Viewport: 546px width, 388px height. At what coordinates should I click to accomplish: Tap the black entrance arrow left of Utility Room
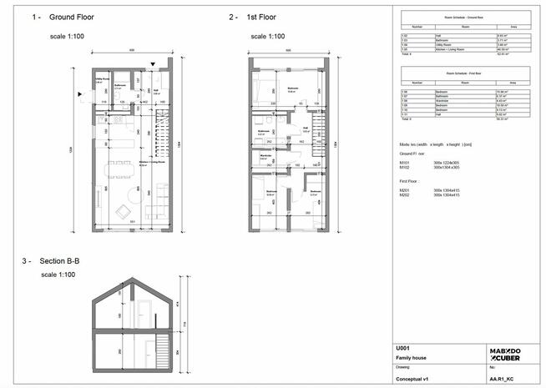(x=79, y=95)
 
